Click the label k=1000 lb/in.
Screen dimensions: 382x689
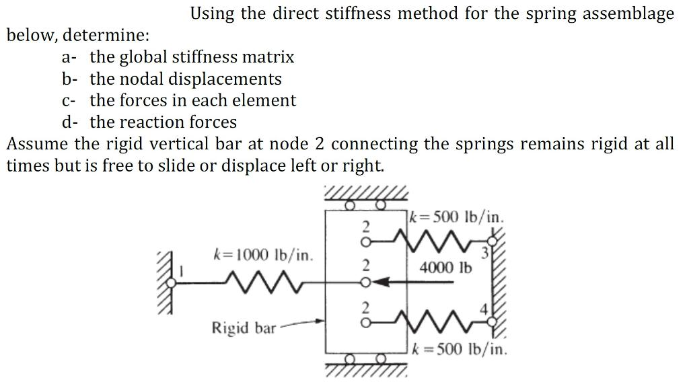click(262, 256)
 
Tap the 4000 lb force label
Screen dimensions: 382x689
click(445, 267)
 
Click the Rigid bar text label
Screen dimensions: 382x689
click(244, 328)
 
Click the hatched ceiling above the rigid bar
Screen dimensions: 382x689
click(366, 194)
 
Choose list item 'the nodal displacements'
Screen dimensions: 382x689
click(186, 79)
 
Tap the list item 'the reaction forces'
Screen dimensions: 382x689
click(164, 122)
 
